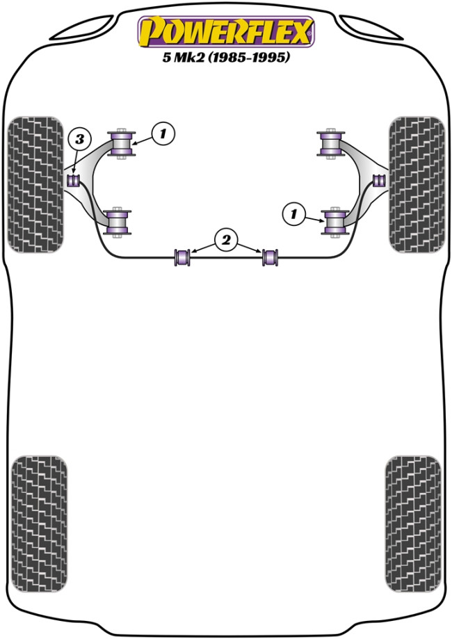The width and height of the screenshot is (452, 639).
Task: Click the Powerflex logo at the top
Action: [226, 32]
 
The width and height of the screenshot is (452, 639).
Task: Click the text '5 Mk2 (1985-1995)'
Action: [226, 57]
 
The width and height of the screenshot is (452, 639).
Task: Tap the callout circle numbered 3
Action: [79, 139]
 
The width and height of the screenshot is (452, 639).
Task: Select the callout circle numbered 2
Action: [226, 240]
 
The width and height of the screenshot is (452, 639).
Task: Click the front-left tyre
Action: [36, 185]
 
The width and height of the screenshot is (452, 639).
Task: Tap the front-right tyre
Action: [417, 185]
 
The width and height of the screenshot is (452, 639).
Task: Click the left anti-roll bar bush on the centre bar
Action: [182, 257]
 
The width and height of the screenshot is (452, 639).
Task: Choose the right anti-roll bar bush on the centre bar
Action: [270, 257]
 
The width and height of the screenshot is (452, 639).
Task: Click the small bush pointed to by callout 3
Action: [74, 180]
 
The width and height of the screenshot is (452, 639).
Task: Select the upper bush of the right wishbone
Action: [331, 143]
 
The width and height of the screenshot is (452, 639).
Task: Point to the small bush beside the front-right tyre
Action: [379, 180]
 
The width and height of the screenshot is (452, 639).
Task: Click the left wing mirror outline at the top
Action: [83, 28]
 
